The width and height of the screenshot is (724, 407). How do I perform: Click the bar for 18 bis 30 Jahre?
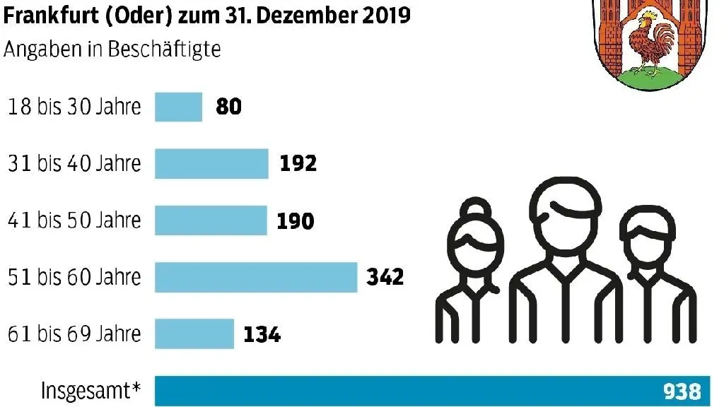pyautogui.click(x=178, y=107)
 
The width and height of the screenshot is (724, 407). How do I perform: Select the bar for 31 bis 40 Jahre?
pyautogui.click(x=211, y=163)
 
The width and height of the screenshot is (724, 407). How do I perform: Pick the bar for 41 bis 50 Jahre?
pyautogui.click(x=211, y=220)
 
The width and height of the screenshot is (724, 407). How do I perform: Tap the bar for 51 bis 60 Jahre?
pyautogui.click(x=256, y=277)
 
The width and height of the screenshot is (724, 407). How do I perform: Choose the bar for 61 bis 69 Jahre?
pyautogui.click(x=194, y=334)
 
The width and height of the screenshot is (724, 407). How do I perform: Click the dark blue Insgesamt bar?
pyautogui.click(x=403, y=391)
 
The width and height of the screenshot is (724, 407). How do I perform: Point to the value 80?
pyautogui.click(x=228, y=107)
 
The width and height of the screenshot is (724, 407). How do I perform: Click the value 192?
pyautogui.click(x=297, y=163)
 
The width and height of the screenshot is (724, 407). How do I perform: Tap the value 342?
pyautogui.click(x=385, y=277)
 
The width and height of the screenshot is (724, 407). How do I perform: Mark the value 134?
pyautogui.click(x=262, y=334)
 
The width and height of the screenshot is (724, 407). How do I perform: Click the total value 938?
pyautogui.click(x=682, y=391)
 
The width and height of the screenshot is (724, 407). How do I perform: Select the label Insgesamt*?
pyautogui.click(x=90, y=391)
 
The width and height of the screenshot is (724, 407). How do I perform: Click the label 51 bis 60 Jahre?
pyautogui.click(x=74, y=277)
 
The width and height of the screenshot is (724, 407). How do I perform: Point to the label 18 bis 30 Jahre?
pyautogui.click(x=74, y=107)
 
